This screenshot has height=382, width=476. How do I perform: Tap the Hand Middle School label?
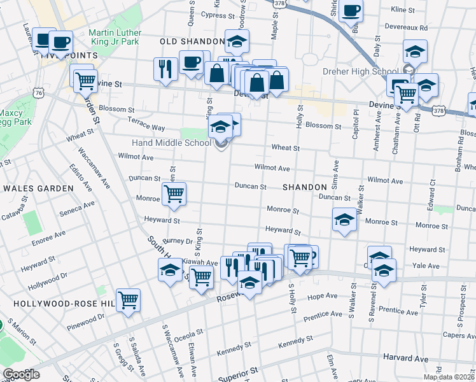pos(171,143)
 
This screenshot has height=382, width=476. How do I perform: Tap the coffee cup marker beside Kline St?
pos(351,11)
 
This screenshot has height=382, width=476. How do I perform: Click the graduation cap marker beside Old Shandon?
pos(237,42)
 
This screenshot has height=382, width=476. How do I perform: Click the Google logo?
pos(20,374)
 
